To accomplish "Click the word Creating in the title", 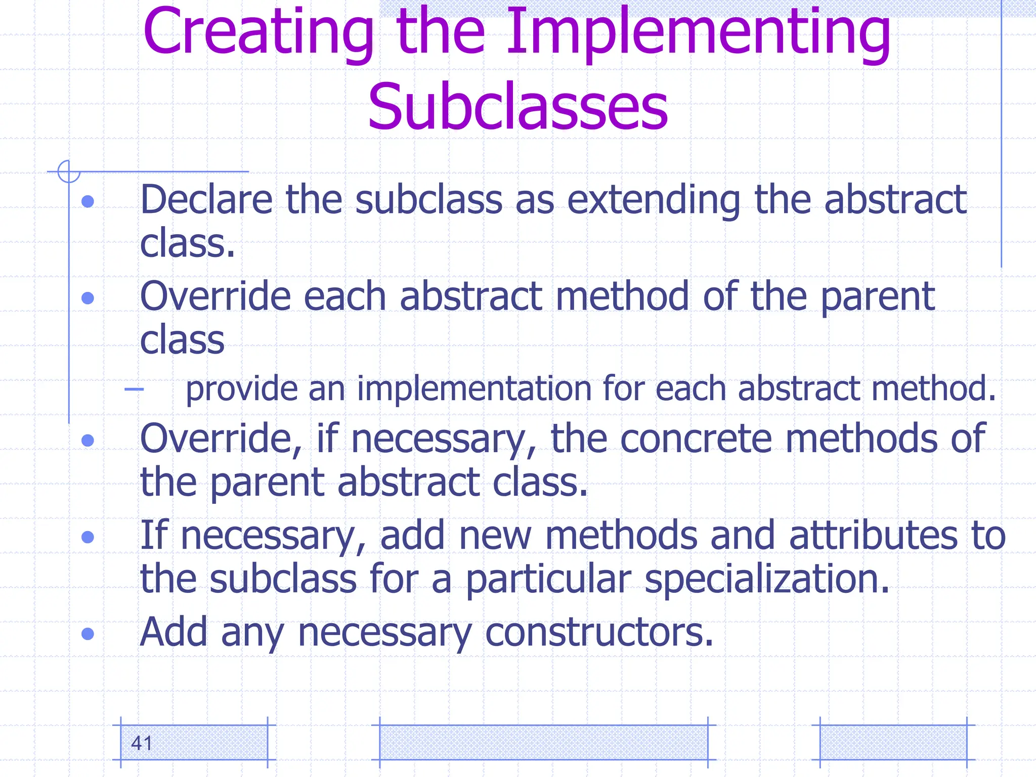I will click(x=258, y=33).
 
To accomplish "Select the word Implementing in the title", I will click(x=698, y=33).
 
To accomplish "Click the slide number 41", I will click(x=141, y=743).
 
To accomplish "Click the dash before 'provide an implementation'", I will click(x=134, y=389).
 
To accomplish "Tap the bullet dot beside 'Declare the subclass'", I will click(x=88, y=201).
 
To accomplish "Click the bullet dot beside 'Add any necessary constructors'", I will click(x=88, y=633).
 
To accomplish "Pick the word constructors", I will click(x=599, y=632).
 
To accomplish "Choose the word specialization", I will click(x=767, y=579).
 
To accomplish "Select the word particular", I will click(x=548, y=579).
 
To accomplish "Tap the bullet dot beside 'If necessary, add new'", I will click(x=88, y=536).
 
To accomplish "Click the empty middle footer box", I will click(x=543, y=742).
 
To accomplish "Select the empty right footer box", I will click(x=893, y=742).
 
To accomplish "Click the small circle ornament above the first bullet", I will click(x=69, y=171).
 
